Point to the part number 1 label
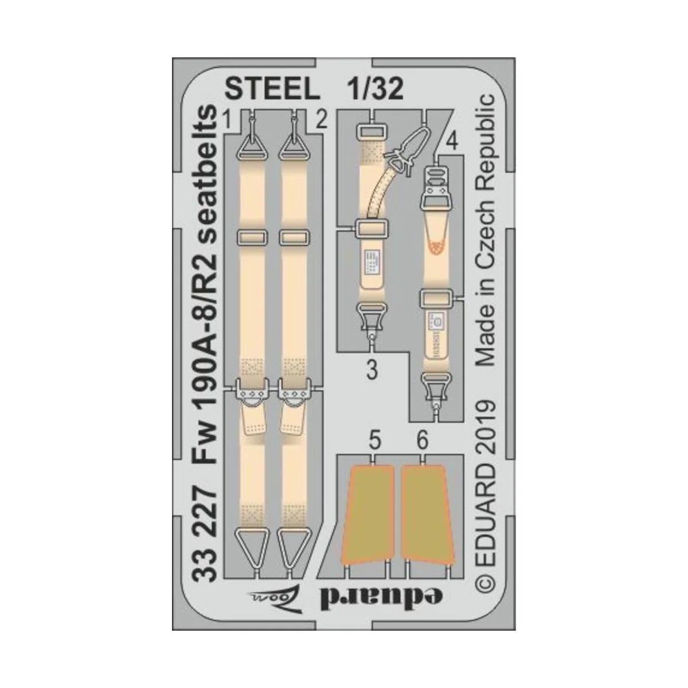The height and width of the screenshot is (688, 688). pos(228,121)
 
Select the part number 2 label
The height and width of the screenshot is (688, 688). pos(321,121)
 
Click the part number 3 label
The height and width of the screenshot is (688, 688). pos(372,372)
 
